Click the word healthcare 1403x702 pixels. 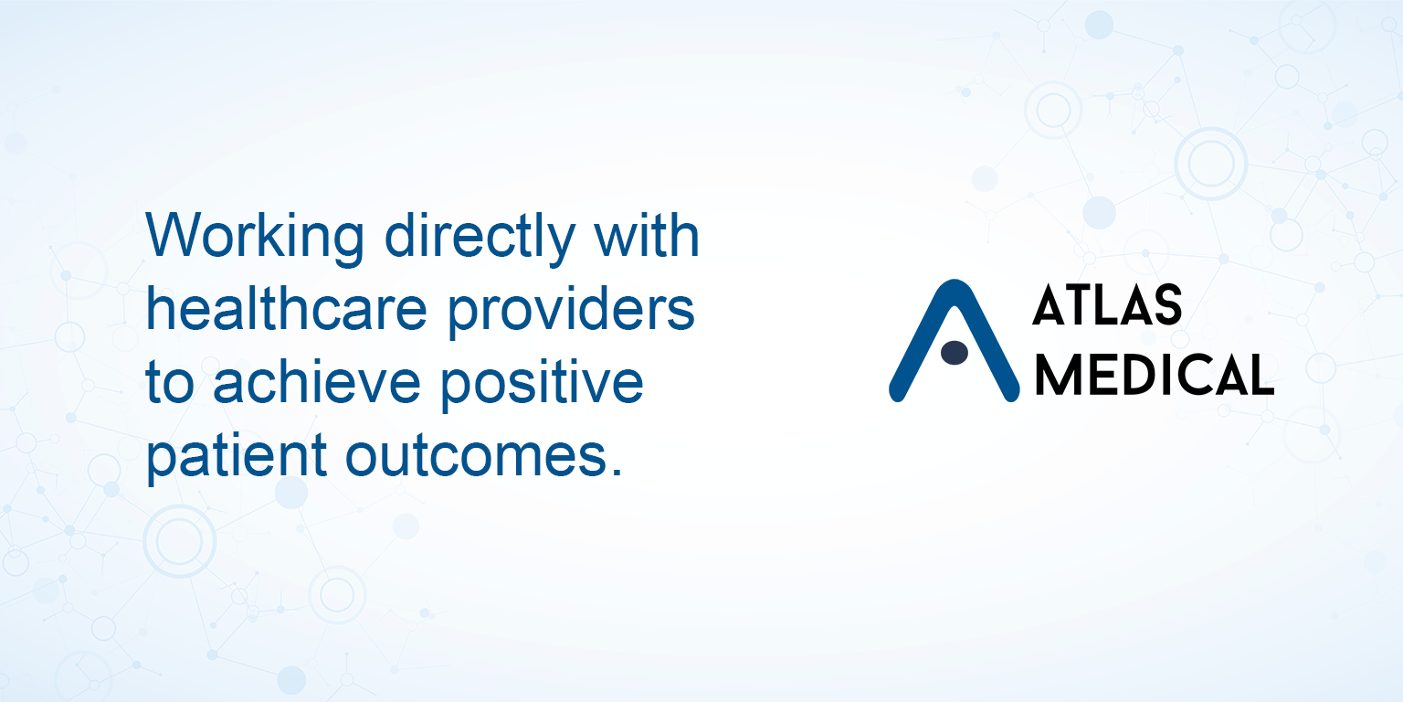point(287,309)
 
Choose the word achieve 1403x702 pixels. point(317,382)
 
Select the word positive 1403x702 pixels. point(542,384)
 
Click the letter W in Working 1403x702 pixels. point(173,235)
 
